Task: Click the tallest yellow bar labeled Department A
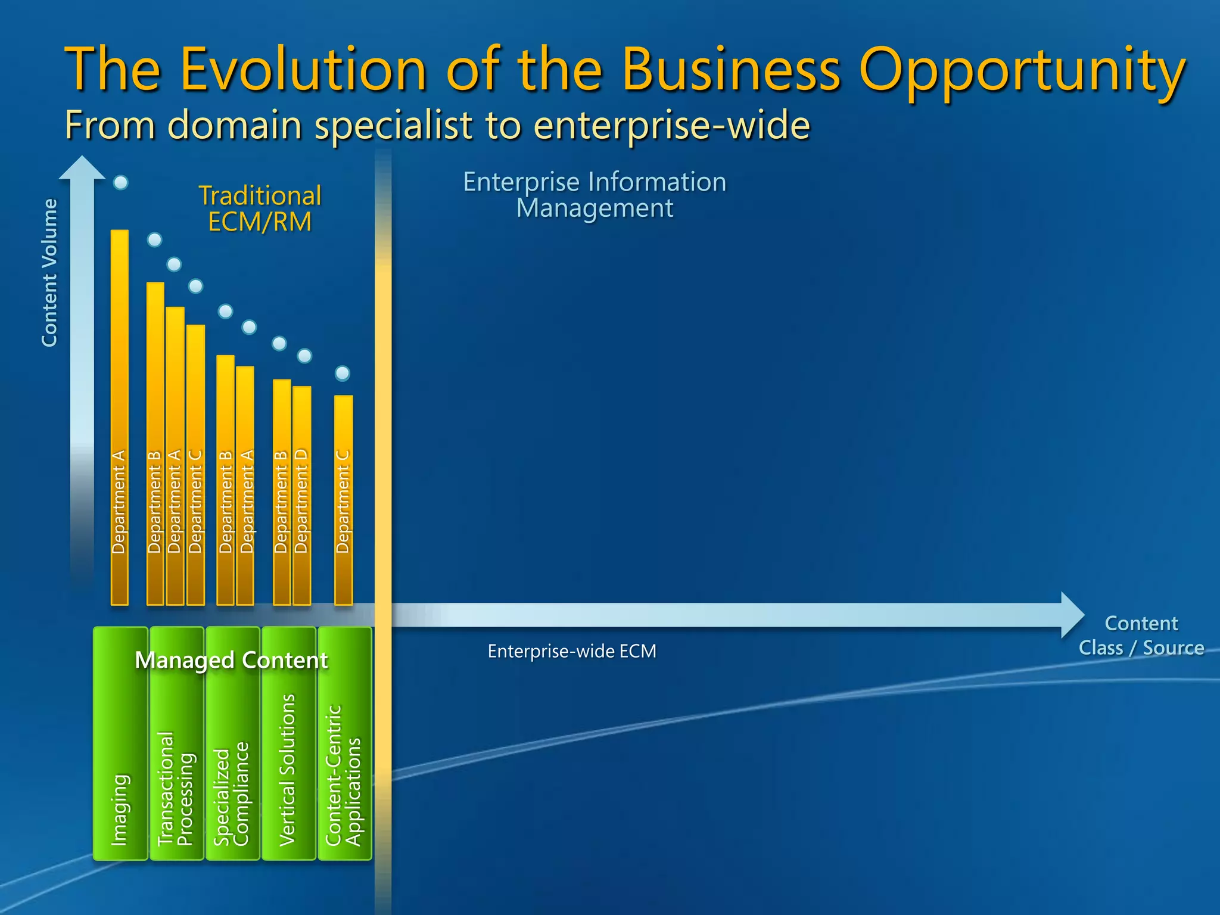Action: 120,417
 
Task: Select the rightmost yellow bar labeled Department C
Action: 343,500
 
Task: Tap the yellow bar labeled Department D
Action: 302,494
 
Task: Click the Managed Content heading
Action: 231,660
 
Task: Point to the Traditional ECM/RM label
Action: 260,208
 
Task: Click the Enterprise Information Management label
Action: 595,195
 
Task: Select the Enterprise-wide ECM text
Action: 572,651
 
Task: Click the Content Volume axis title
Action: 49,272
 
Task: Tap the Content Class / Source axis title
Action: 1141,636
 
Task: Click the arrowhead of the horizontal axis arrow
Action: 1072,615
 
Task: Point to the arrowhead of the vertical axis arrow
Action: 82,168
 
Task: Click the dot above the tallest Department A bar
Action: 121,182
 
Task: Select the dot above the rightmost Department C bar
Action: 343,374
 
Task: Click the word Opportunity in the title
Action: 1022,71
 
